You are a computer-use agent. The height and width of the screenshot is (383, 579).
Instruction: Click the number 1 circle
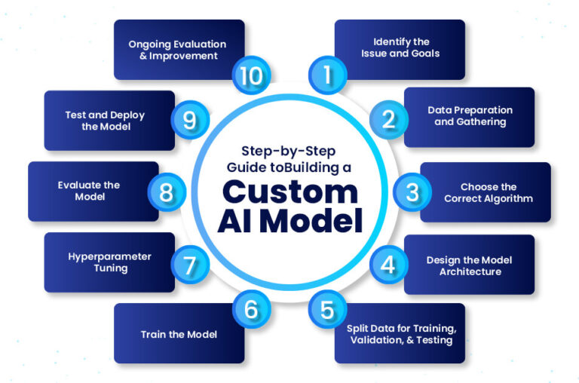pos(328,74)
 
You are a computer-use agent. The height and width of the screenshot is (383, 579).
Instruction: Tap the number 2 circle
pos(388,120)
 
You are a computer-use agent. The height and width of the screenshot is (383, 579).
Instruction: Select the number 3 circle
pos(412,191)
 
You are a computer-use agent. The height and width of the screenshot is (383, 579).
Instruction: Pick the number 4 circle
pos(388,264)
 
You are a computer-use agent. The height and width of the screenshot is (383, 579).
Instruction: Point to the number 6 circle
pos(251,310)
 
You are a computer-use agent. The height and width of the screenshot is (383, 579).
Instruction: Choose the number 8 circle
pos(167,191)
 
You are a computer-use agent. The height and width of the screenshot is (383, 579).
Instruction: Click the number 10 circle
pos(250,74)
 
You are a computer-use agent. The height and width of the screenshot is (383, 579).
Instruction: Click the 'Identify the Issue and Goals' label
pos(406,48)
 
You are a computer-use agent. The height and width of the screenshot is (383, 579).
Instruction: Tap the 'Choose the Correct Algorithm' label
pos(489,193)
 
